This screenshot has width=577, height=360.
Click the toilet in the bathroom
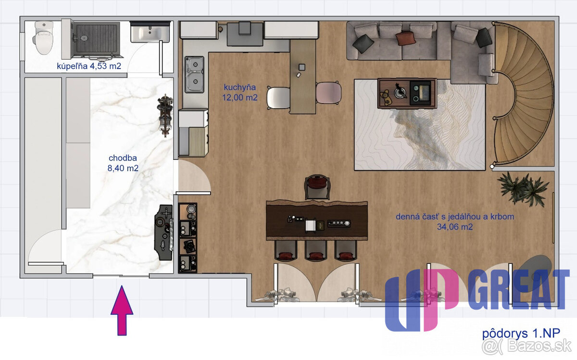(43, 37)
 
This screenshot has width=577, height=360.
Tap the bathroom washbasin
(150, 33)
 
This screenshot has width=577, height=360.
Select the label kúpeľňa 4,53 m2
(89, 66)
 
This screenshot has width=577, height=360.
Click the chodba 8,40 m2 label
(123, 163)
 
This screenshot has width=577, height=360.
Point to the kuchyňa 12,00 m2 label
(240, 92)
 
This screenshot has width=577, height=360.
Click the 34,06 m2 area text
(455, 227)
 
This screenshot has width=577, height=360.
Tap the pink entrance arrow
(122, 310)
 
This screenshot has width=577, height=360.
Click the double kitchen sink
(194, 74)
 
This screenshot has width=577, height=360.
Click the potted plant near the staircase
(523, 189)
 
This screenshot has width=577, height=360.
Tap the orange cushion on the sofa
(405, 38)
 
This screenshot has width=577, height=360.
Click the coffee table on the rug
(407, 93)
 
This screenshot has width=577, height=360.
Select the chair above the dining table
(317, 187)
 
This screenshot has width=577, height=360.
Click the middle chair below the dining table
(315, 250)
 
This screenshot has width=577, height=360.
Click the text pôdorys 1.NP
(521, 334)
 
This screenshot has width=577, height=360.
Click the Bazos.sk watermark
(527, 347)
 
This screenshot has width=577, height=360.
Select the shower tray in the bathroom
(96, 40)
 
